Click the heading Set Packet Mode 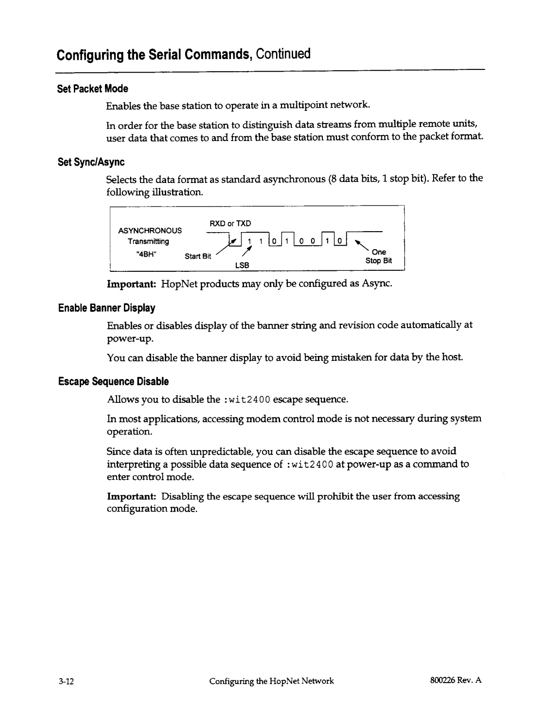[x=92, y=89]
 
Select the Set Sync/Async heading [x=91, y=162]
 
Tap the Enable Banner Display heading [x=107, y=308]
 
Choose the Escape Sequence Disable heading [x=113, y=382]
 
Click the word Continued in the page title [x=283, y=54]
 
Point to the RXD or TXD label [x=230, y=224]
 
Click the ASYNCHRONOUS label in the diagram [x=150, y=231]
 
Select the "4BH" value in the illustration [x=146, y=252]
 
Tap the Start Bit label [x=198, y=256]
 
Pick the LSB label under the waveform [x=242, y=265]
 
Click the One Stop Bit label [x=378, y=256]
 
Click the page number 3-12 [x=66, y=681]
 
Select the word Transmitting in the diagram [x=148, y=242]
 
